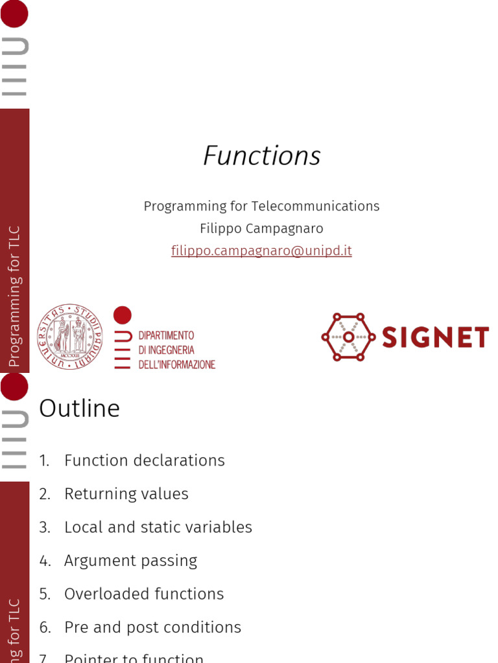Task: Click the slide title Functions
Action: (x=262, y=156)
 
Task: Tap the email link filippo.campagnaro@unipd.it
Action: (x=261, y=251)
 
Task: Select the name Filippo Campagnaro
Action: (x=261, y=229)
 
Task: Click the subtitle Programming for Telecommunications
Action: (x=261, y=206)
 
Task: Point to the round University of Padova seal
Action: (x=70, y=337)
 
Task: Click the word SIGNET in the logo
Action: (x=435, y=337)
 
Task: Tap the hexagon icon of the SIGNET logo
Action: (x=348, y=337)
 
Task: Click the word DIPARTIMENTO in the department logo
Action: (x=167, y=335)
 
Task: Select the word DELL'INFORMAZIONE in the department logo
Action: (x=177, y=365)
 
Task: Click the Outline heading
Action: (x=80, y=409)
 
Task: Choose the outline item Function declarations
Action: (x=144, y=460)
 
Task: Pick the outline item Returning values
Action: (x=126, y=494)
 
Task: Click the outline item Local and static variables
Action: (x=158, y=527)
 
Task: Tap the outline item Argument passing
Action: (x=130, y=561)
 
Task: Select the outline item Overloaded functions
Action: (x=144, y=594)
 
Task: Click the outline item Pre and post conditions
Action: (x=152, y=627)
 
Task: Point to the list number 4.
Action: (x=44, y=561)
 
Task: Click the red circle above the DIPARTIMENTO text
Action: (x=123, y=315)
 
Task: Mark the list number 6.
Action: (x=44, y=627)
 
